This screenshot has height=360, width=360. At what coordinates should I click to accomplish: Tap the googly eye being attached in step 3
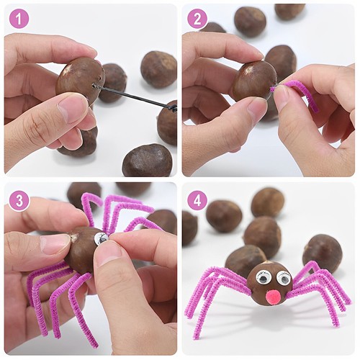click(102, 238)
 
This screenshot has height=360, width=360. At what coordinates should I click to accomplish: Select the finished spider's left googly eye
click(264, 277)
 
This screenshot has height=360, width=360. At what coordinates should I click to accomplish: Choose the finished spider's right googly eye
click(284, 278)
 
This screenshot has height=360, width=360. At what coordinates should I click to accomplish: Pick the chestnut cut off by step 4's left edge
click(189, 228)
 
